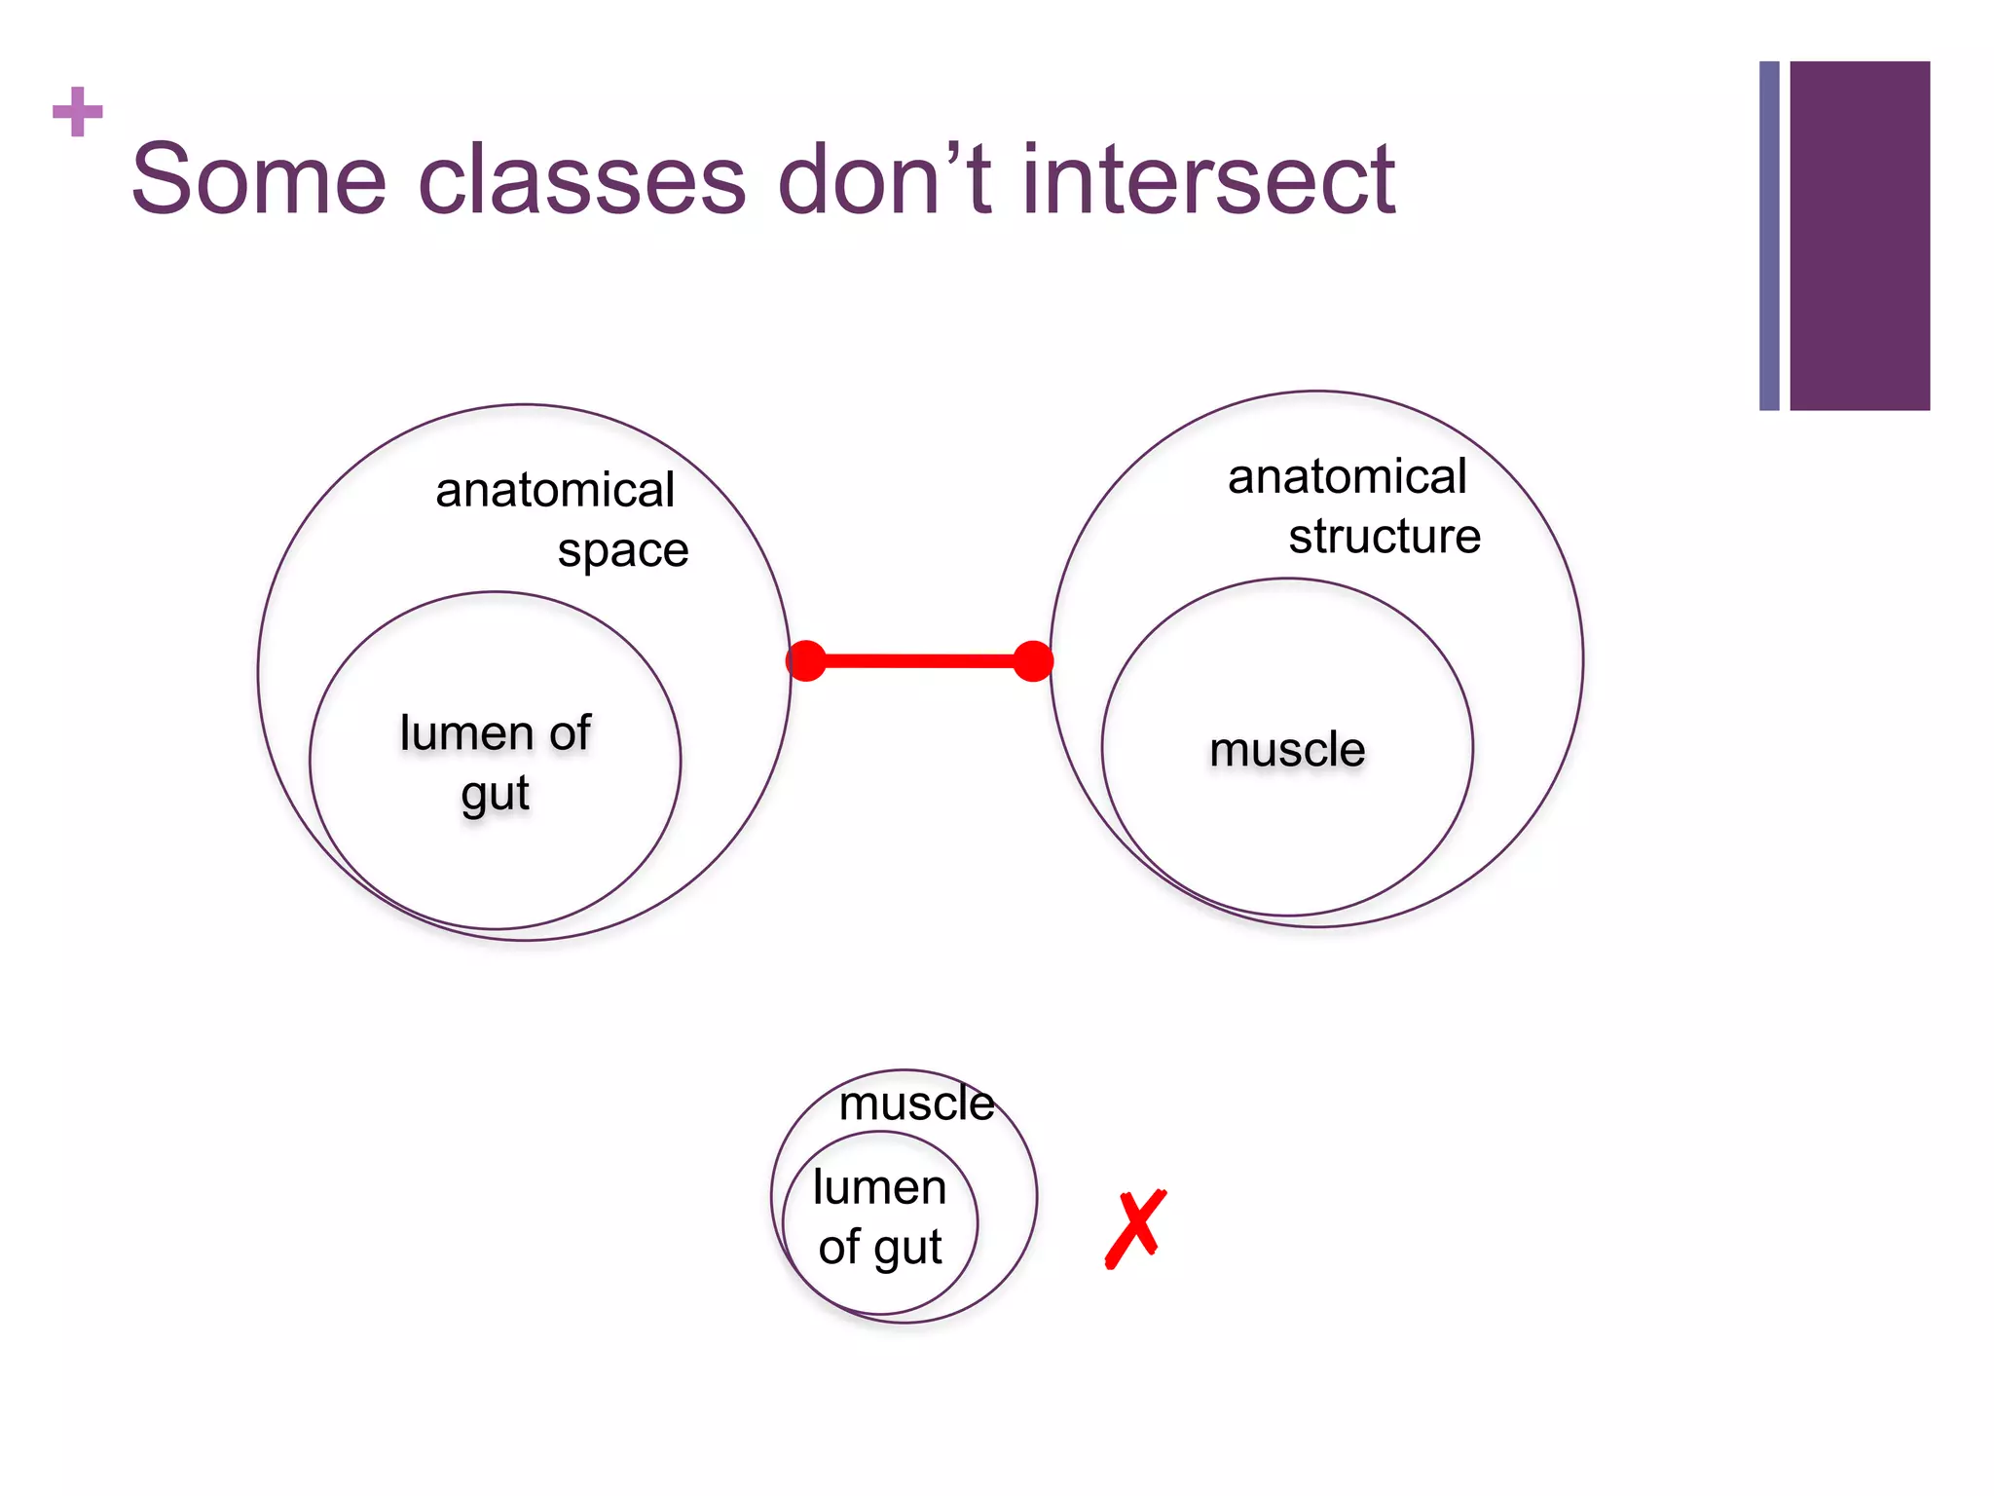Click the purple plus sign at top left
coord(78,113)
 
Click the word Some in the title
coord(259,180)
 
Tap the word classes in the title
coord(581,180)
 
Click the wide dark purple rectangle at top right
coord(1859,236)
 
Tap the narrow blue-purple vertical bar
coord(1769,236)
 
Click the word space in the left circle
coord(623,551)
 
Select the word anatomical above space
coord(555,490)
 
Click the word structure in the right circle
coord(1385,537)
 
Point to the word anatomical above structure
coord(1347,477)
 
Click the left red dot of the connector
coord(806,661)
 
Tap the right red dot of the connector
coord(1033,661)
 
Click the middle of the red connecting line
coord(920,661)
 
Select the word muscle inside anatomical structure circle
coord(1287,750)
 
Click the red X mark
coord(1135,1228)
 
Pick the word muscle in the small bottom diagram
coord(916,1103)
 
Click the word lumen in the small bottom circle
coord(879,1188)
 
